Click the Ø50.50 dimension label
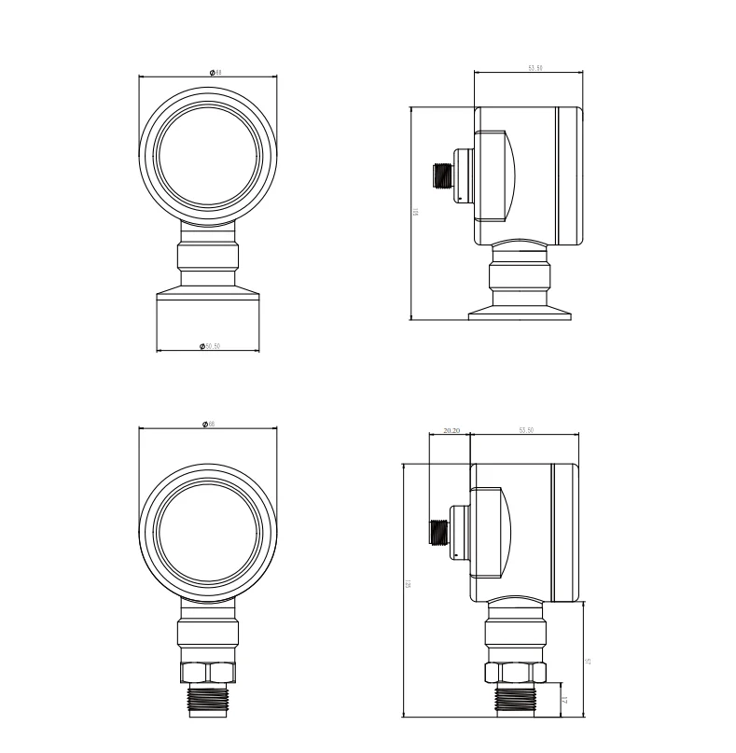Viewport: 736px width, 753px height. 209,346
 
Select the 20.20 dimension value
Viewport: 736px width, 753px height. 451,430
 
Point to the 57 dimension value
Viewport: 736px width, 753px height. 589,661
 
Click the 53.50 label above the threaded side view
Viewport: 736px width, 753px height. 525,430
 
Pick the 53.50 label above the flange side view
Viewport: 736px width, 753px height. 535,68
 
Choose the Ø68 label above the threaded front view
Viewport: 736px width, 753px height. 208,425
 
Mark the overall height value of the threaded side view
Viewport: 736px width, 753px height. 408,585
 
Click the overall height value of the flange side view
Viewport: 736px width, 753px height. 415,213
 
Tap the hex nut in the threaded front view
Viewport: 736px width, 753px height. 208,673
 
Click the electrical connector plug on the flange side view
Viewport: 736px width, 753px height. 441,174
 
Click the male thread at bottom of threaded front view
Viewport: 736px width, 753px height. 208,700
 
